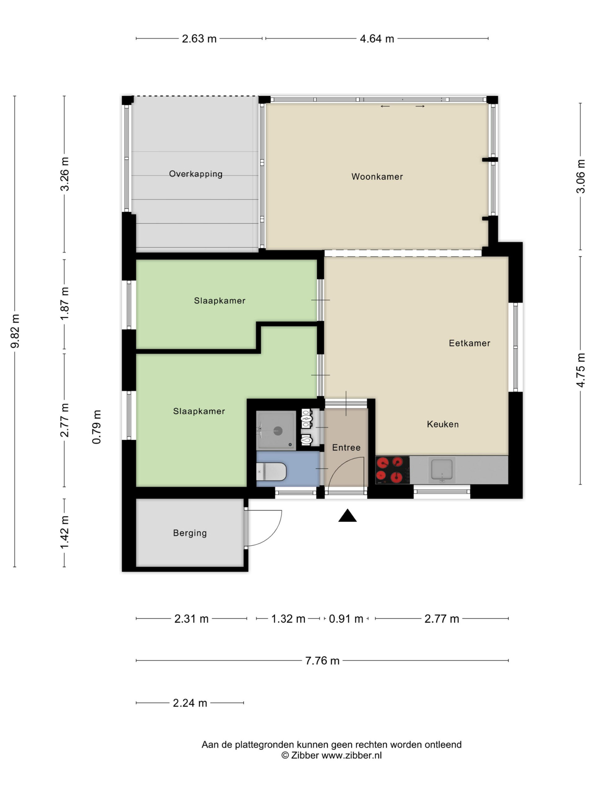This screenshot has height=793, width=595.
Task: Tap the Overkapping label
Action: tap(196, 174)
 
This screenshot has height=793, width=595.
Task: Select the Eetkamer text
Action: tap(469, 343)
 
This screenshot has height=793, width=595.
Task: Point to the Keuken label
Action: tap(443, 424)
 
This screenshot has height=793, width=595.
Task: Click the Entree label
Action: tap(346, 447)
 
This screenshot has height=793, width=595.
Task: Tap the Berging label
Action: tap(190, 533)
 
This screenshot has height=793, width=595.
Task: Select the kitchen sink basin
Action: tap(442, 470)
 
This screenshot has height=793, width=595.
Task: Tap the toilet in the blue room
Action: tap(271, 471)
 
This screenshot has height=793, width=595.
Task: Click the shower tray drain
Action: tap(278, 431)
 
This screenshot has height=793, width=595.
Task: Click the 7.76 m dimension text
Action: tap(322, 660)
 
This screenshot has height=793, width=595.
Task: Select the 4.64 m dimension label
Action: tap(377, 39)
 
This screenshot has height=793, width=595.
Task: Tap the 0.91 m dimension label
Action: tap(346, 619)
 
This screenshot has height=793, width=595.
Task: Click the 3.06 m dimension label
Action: tap(580, 176)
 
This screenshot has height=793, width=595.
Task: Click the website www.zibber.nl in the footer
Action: tap(351, 755)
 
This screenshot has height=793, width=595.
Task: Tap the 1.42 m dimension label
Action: tap(64, 532)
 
